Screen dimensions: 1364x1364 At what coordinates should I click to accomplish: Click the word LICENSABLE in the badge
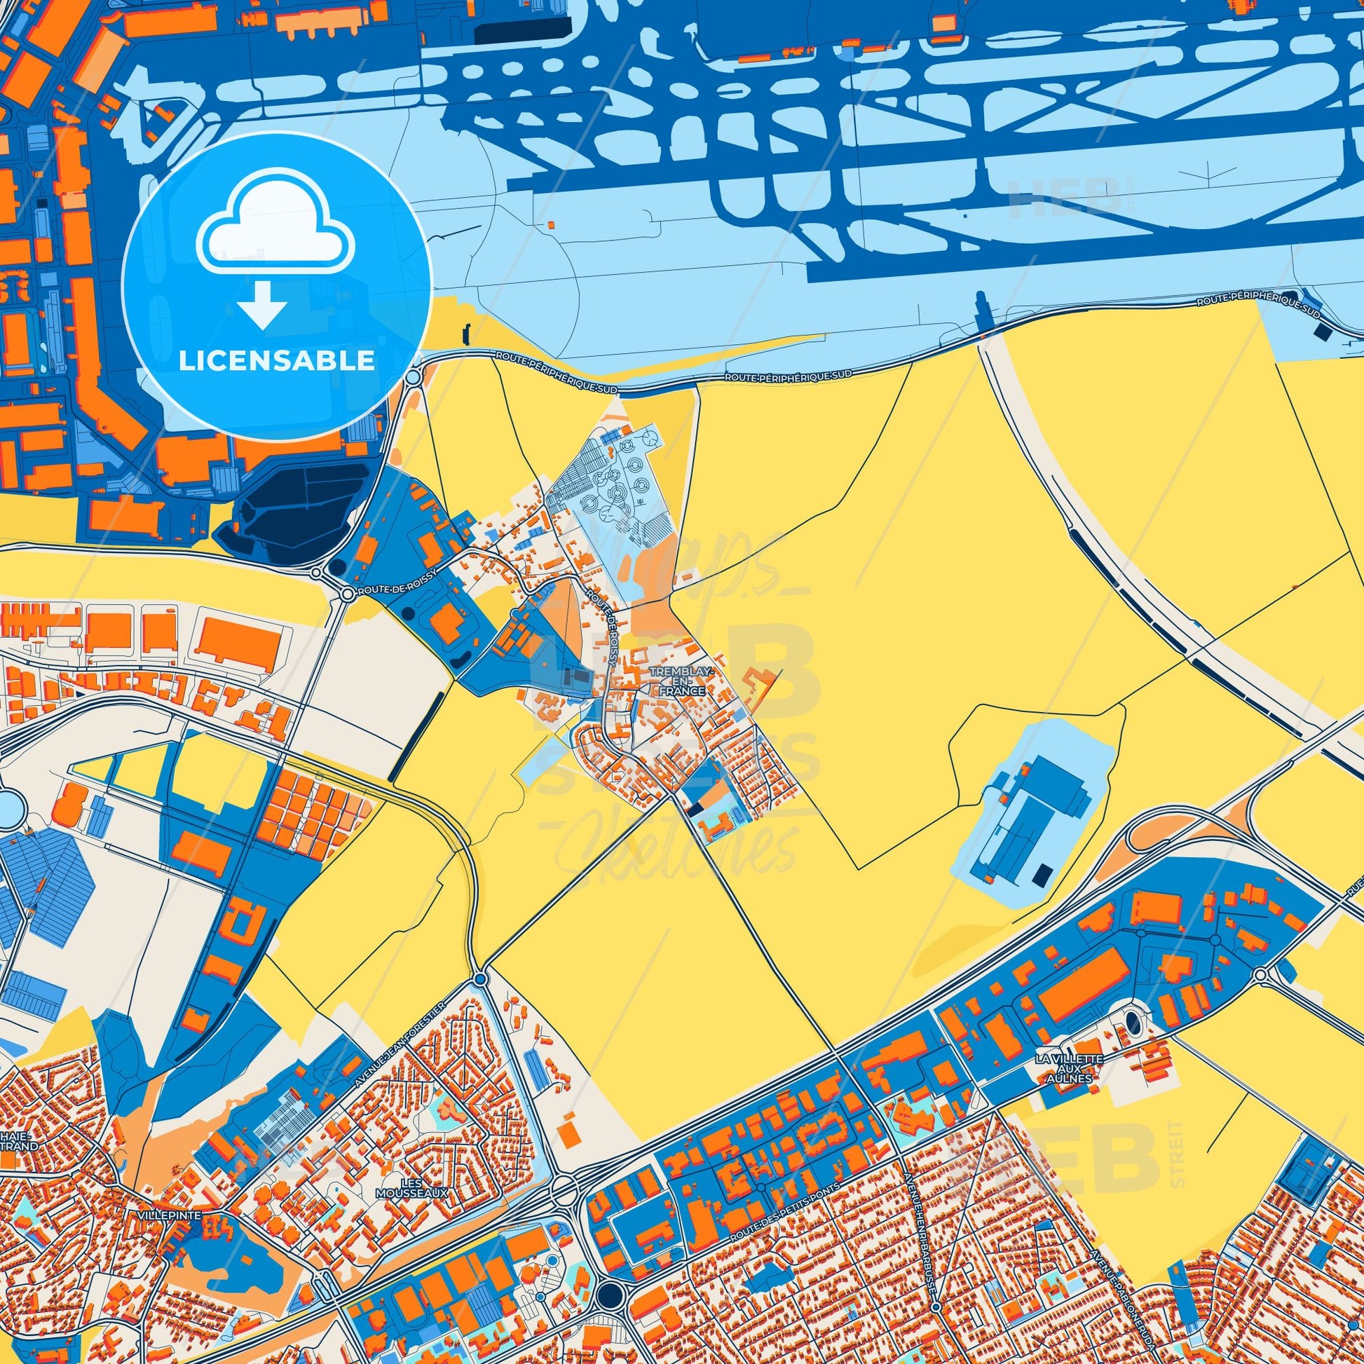[276, 361]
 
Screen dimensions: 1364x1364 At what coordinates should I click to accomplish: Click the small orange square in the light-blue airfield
[551, 224]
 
